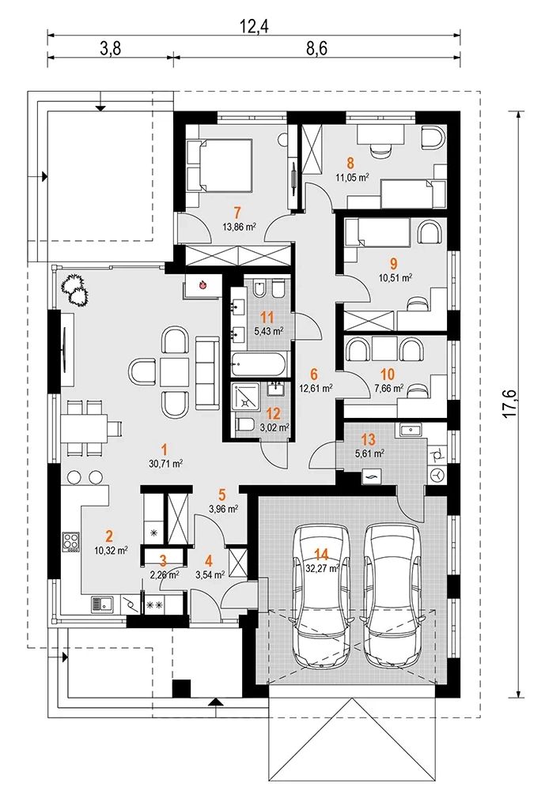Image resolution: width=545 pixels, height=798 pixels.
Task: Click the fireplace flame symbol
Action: point(203,285)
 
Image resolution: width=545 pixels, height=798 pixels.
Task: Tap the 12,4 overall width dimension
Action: point(254,26)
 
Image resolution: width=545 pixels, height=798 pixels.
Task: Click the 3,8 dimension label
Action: point(110,48)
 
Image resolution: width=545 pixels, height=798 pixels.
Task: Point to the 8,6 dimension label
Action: point(316,48)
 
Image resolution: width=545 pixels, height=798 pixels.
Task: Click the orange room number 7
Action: point(237,212)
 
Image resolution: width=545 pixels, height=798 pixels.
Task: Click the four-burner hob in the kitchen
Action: point(70,541)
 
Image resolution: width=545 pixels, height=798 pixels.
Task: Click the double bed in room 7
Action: point(221,165)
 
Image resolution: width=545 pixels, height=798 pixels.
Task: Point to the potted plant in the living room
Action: point(75,291)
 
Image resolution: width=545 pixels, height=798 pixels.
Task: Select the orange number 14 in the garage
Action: point(321,554)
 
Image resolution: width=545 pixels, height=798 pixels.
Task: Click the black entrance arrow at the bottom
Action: point(216,702)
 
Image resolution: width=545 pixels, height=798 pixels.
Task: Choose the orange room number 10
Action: point(387,375)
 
